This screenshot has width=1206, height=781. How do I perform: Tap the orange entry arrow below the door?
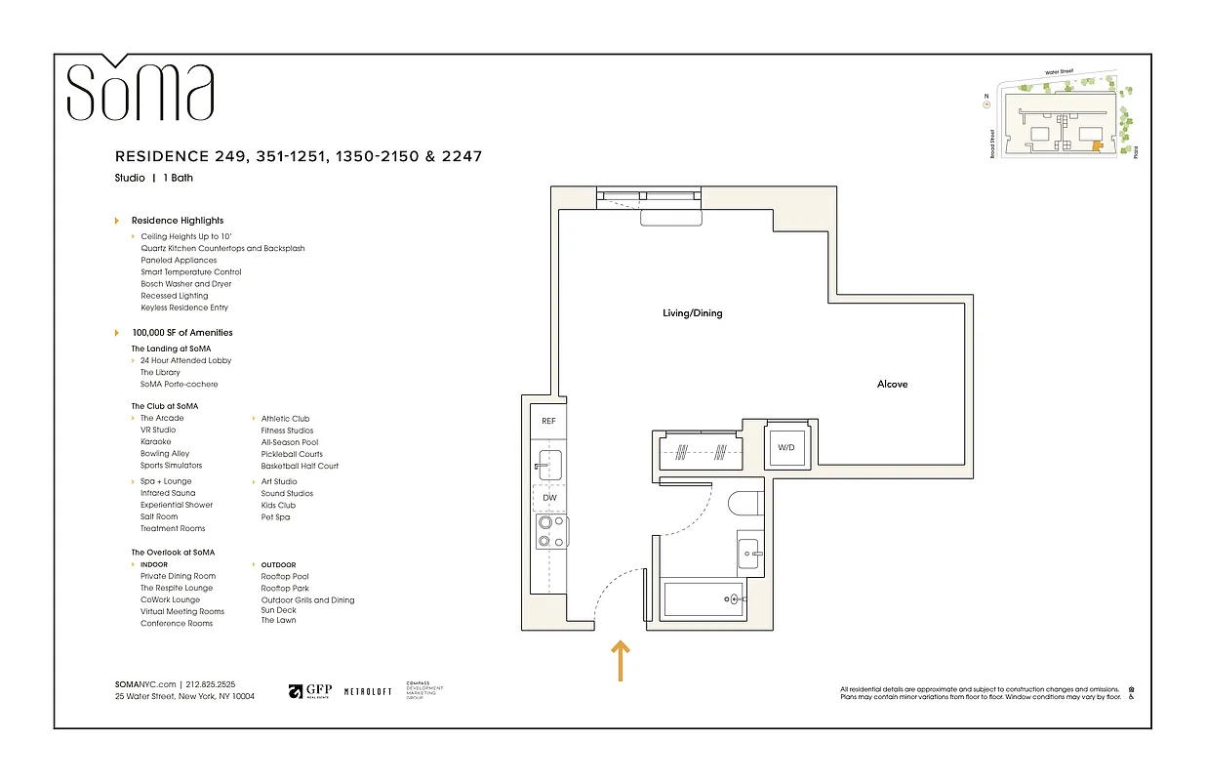[620, 660]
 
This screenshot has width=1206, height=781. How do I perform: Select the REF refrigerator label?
[548, 421]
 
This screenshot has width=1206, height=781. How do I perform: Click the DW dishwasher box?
[549, 498]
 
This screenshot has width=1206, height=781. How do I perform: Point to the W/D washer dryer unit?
[786, 447]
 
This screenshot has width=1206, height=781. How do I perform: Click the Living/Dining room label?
[693, 313]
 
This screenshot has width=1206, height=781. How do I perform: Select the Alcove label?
[892, 385]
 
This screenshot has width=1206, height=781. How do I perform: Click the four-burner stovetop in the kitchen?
[549, 532]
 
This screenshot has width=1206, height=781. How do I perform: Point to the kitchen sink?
[549, 461]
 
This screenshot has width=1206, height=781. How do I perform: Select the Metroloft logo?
[368, 691]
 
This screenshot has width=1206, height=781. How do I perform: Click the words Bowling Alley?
[165, 454]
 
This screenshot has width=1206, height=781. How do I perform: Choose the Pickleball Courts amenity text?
[292, 454]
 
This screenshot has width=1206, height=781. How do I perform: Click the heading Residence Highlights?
[178, 221]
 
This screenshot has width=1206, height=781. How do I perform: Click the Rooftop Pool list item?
[285, 577]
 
